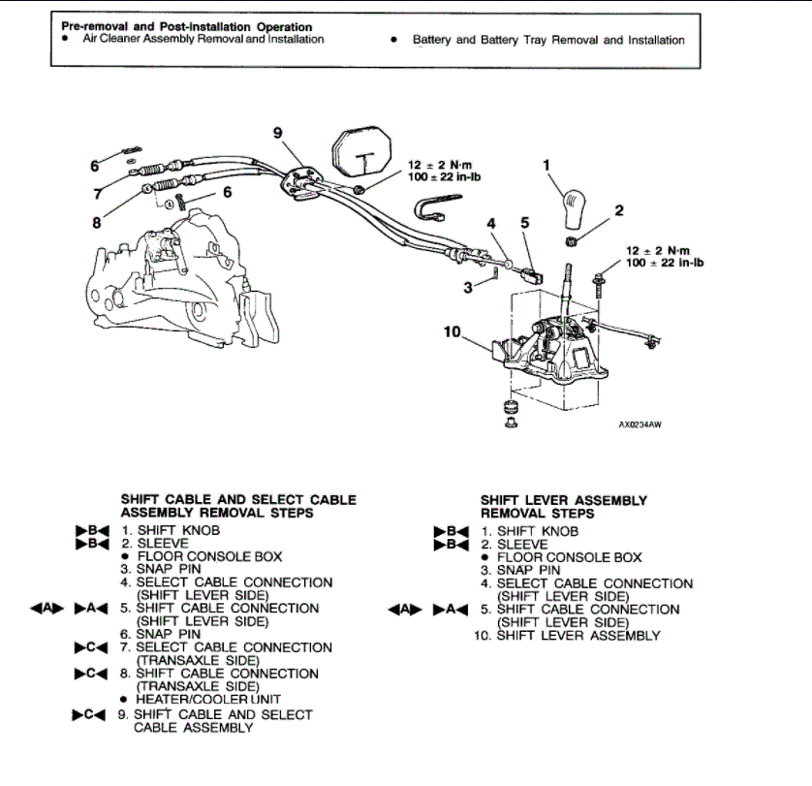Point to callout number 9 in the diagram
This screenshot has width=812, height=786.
click(x=278, y=135)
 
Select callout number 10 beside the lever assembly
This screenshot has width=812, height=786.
click(x=453, y=331)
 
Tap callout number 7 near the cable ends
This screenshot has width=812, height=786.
click(x=97, y=194)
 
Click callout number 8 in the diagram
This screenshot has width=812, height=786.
click(x=97, y=222)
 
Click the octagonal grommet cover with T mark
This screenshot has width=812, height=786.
click(x=362, y=154)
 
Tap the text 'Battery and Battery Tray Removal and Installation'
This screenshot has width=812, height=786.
click(x=548, y=41)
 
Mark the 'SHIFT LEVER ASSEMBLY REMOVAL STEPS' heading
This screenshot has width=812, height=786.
click(x=564, y=507)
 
